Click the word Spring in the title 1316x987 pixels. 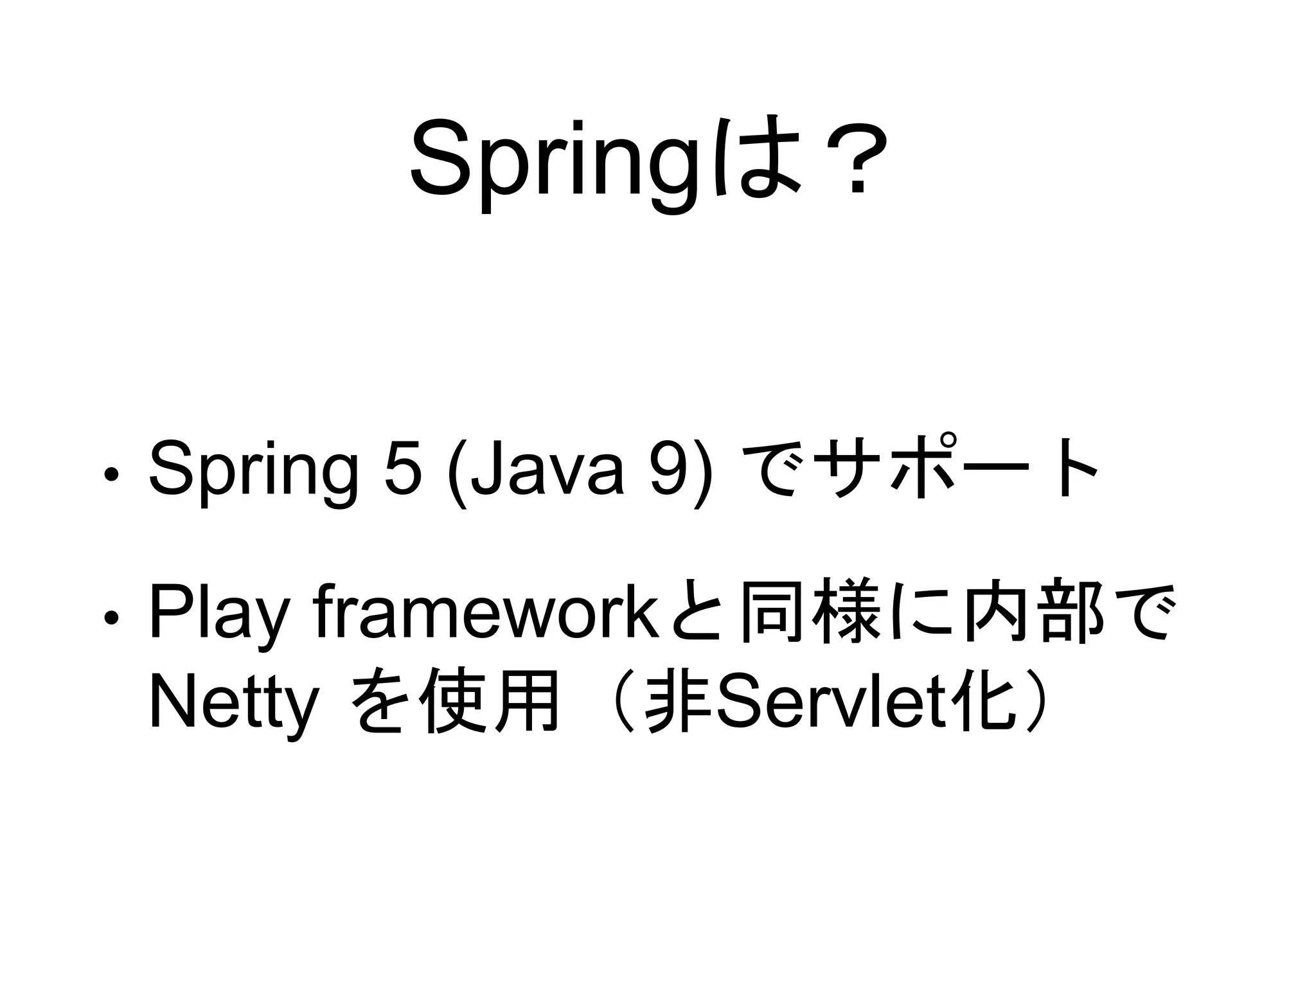pyautogui.click(x=553, y=161)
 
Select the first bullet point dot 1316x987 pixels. pyautogui.click(x=111, y=475)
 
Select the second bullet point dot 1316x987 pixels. pyautogui.click(x=111, y=618)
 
